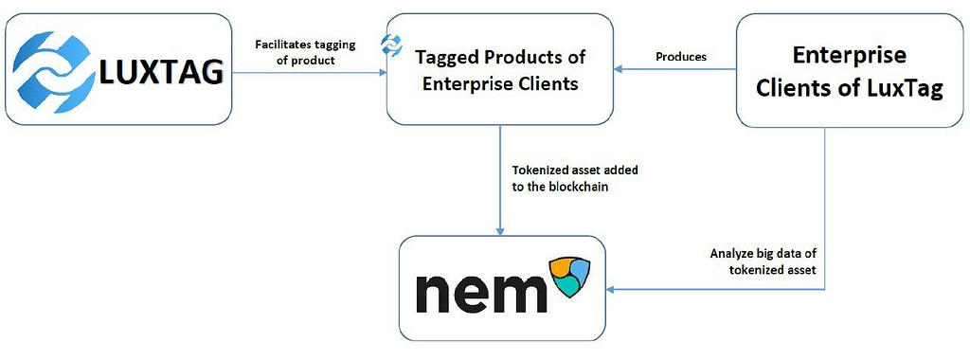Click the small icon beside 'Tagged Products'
tap(388, 44)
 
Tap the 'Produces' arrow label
tap(681, 57)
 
